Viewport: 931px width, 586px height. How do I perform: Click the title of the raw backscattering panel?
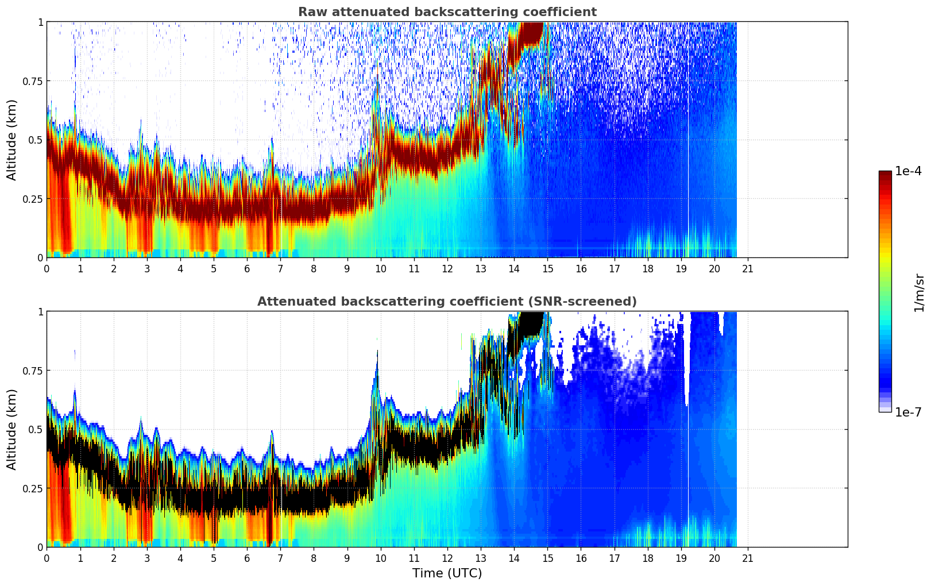point(447,12)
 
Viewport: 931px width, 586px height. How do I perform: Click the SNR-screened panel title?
point(447,302)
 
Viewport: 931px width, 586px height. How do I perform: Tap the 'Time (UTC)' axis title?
point(447,573)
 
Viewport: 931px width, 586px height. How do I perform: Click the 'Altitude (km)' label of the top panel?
point(12,140)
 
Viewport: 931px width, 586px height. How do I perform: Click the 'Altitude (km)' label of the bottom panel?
point(12,429)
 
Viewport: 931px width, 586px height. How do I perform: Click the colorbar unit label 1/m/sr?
point(918,292)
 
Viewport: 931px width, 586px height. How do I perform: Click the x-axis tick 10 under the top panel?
point(380,269)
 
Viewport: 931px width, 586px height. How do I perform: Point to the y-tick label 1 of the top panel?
point(40,22)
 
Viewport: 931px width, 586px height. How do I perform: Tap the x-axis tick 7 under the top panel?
point(280,269)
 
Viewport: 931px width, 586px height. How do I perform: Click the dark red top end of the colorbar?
point(884,175)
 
